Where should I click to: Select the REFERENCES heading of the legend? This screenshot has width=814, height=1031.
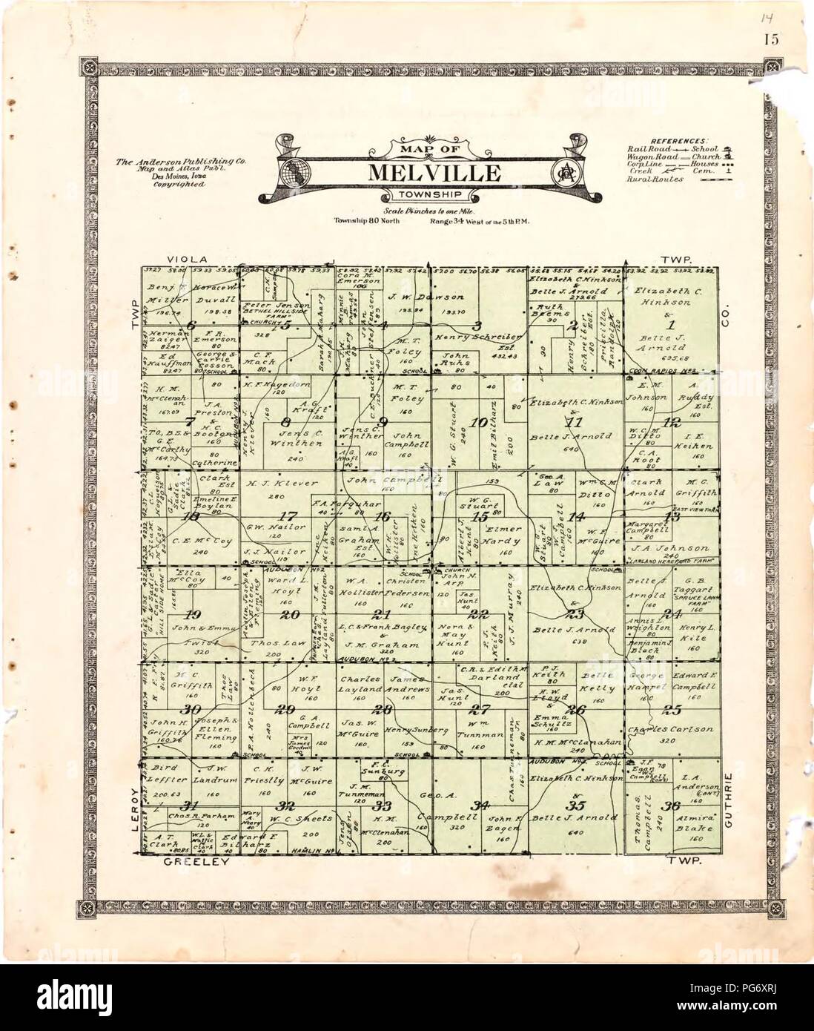679,139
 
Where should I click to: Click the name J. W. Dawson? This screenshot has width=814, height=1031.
418,297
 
